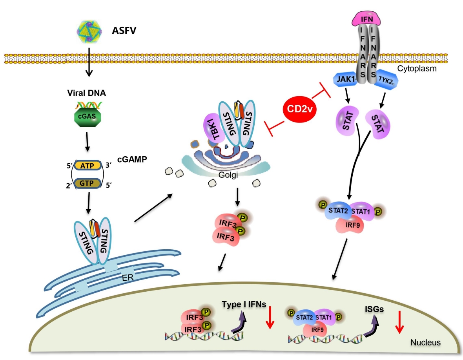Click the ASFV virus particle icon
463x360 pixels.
tap(89, 31)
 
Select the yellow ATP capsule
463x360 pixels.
tap(88, 166)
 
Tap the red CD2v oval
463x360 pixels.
tap(300, 108)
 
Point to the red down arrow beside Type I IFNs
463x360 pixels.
tap(269, 318)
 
